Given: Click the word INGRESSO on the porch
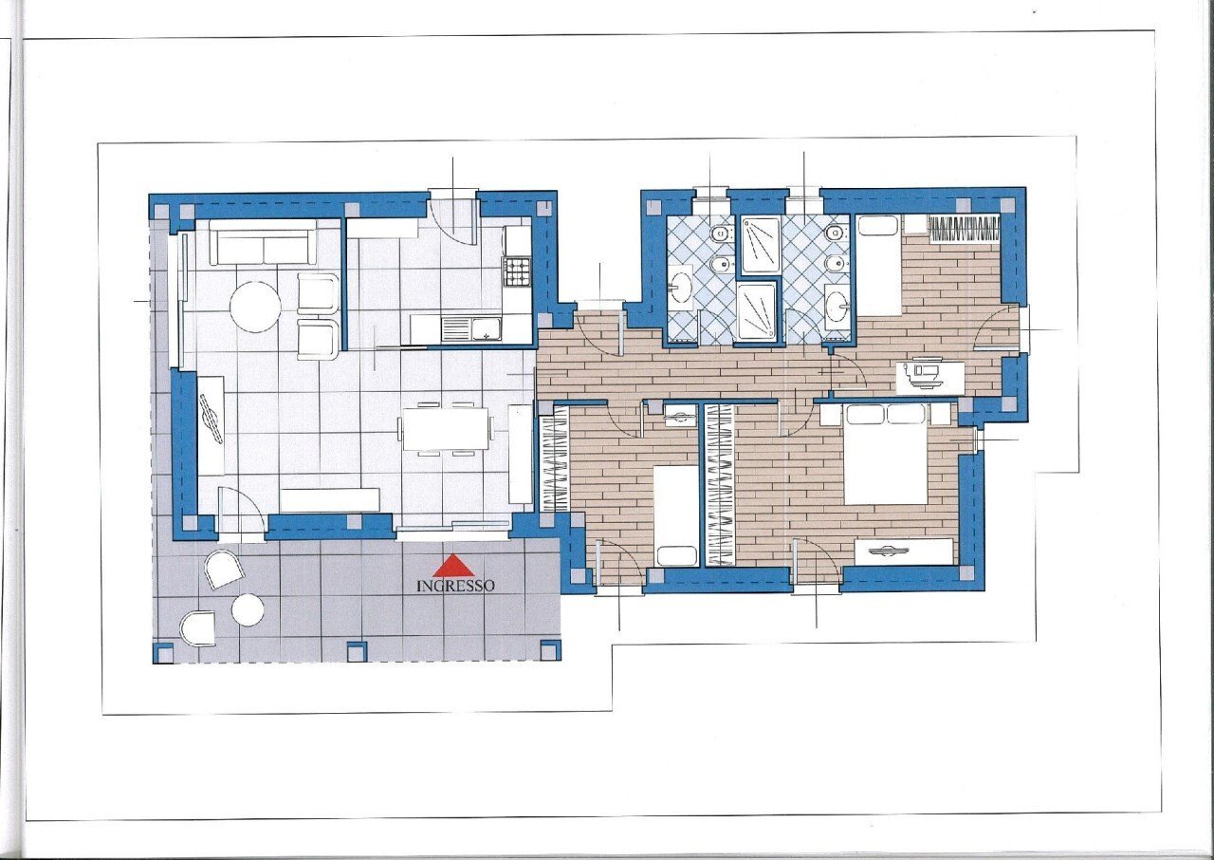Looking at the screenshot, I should (455, 587).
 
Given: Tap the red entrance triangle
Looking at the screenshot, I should (453, 567).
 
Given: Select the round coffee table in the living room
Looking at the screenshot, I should (255, 307).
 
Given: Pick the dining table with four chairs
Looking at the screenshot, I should (445, 429).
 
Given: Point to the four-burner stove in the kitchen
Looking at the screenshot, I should (518, 272).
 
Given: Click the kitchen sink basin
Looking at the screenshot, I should (486, 329).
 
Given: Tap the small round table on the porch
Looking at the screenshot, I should (248, 609).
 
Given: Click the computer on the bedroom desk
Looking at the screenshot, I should (924, 374).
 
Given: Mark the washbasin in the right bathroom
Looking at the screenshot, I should (837, 306).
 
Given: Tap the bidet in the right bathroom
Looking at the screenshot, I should (835, 263).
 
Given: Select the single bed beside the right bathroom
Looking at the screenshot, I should (878, 264).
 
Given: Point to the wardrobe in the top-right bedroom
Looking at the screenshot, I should (963, 228).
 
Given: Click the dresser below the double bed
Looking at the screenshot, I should (903, 551).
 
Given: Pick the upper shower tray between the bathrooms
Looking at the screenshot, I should (759, 244).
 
